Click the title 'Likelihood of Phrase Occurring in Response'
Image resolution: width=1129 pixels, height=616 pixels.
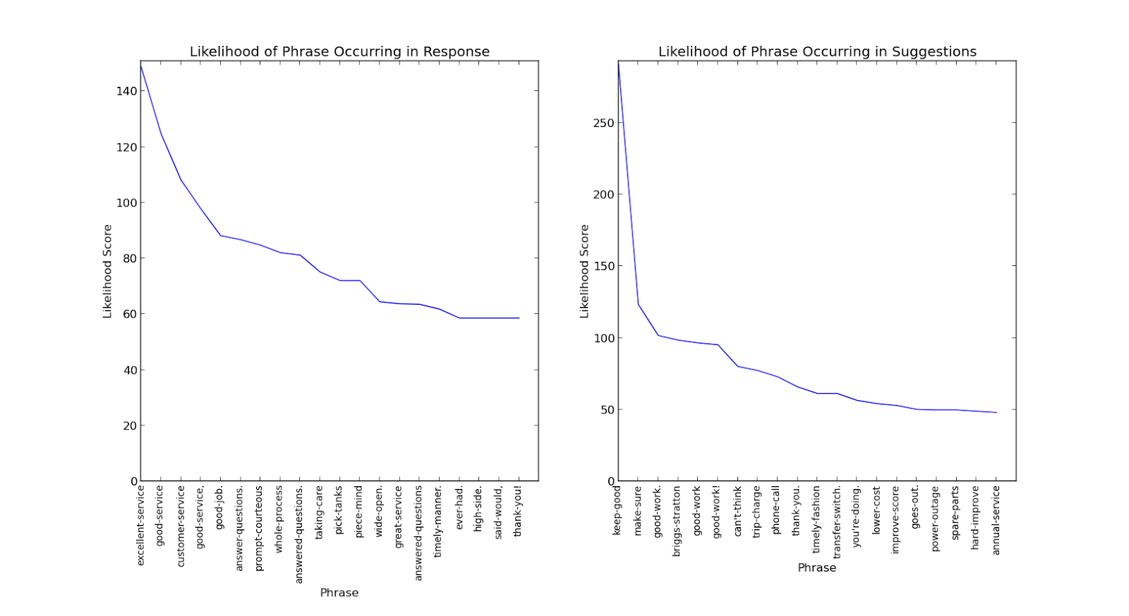point(339,52)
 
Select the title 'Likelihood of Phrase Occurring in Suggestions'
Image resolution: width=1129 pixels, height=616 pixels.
point(817,52)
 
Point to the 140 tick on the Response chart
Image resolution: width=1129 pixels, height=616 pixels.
point(128,91)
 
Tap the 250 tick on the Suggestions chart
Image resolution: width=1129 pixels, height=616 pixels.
point(603,123)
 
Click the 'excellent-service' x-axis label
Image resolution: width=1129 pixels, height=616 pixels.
point(140,525)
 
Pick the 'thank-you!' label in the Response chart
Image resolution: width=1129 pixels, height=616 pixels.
point(518,511)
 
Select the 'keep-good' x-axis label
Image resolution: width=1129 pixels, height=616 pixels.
point(617,510)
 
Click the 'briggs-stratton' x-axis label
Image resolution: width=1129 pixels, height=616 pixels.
point(677,521)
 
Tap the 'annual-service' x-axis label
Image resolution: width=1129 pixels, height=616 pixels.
point(996,520)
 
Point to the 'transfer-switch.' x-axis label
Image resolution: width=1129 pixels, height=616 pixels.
point(838,522)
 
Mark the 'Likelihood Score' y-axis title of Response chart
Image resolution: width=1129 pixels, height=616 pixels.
point(108,271)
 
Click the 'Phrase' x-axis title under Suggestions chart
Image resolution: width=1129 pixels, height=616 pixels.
point(817,567)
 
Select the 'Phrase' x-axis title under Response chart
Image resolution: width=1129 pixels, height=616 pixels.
point(339,593)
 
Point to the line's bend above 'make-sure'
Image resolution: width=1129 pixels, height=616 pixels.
point(639,304)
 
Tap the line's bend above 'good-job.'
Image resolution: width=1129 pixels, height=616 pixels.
point(220,236)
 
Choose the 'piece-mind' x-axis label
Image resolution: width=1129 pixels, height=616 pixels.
point(359,512)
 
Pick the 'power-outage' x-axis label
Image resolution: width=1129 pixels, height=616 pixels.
point(936,518)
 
